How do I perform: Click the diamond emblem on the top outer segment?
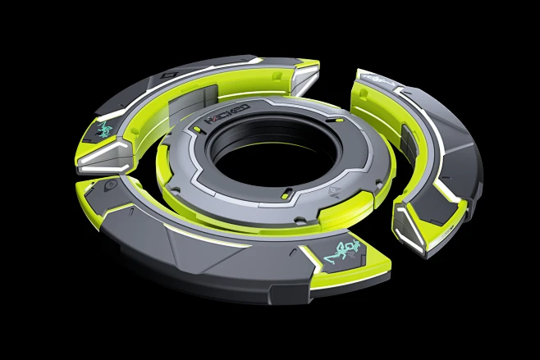coord(168,75)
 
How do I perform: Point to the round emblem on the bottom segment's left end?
coord(109,186)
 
